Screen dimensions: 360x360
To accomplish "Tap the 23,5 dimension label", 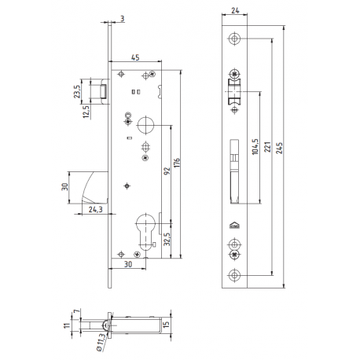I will pyautogui.click(x=75, y=92).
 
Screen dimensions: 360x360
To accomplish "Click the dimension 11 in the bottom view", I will pyautogui.click(x=68, y=324).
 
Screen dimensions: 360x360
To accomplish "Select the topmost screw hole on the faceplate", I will pyautogui.click(x=234, y=39).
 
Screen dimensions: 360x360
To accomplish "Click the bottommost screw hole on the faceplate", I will pyautogui.click(x=234, y=274).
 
